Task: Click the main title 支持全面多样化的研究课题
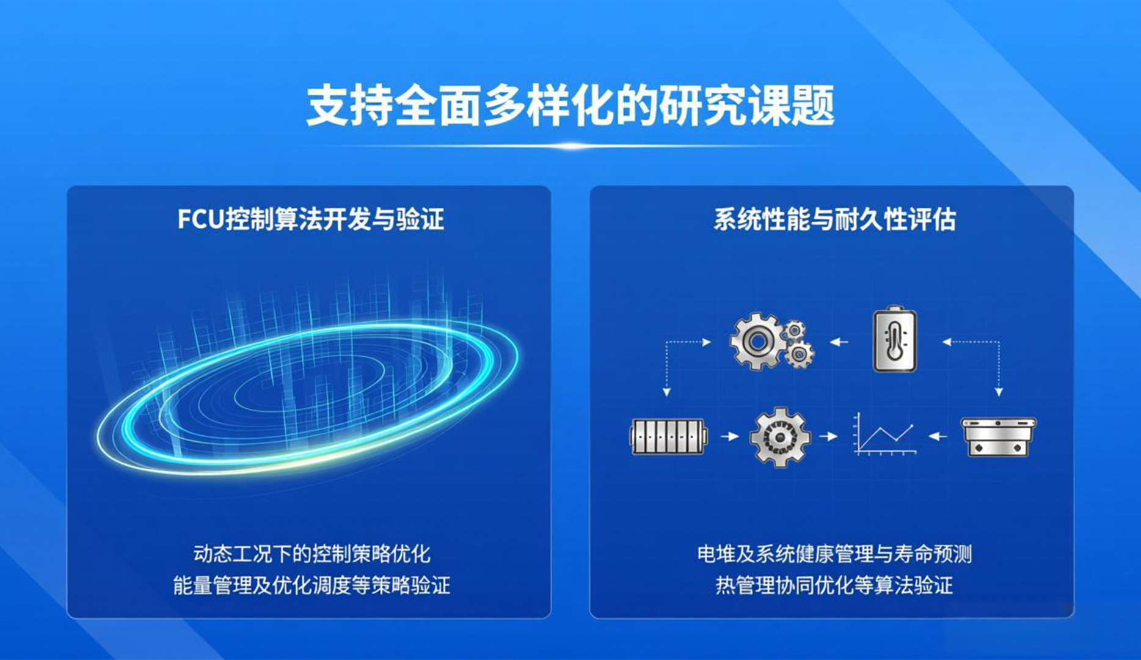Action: click(570, 106)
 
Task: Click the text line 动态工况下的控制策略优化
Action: click(312, 554)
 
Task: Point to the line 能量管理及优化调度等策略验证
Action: click(312, 585)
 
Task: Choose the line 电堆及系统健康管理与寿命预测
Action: click(834, 554)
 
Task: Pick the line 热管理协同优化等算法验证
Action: click(834, 585)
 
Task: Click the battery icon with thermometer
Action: click(895, 340)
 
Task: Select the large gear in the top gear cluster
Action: click(757, 342)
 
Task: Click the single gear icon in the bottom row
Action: click(780, 437)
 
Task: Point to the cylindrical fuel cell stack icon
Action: click(669, 436)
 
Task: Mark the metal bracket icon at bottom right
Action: click(999, 437)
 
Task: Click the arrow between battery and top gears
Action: click(839, 342)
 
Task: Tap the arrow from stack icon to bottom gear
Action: click(729, 437)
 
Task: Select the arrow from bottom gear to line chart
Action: click(828, 437)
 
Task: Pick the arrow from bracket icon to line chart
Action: click(938, 437)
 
